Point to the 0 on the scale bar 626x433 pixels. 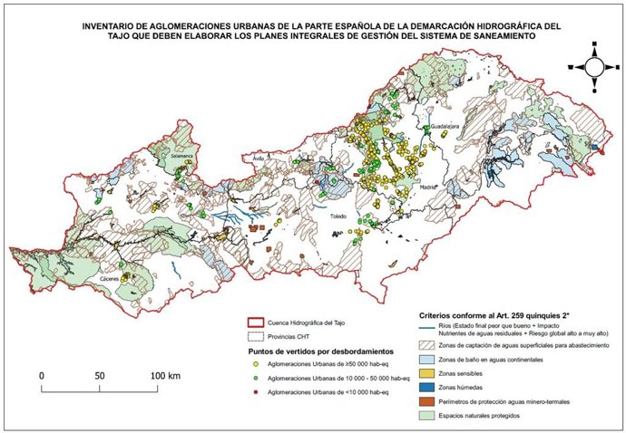(42, 374)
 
